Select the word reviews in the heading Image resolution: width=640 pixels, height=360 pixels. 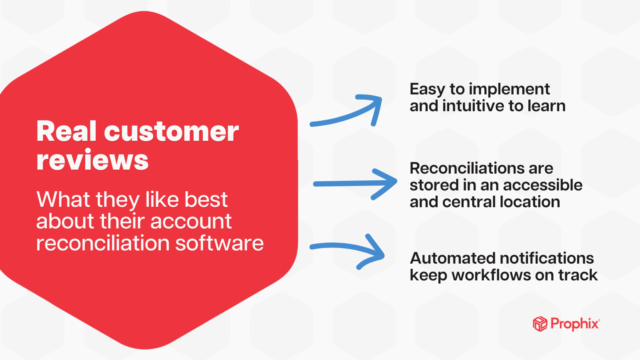(x=92, y=161)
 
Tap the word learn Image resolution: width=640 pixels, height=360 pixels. (x=546, y=106)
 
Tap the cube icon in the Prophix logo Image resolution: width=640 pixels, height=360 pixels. (x=540, y=324)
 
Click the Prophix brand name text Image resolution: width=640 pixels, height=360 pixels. (x=574, y=324)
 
